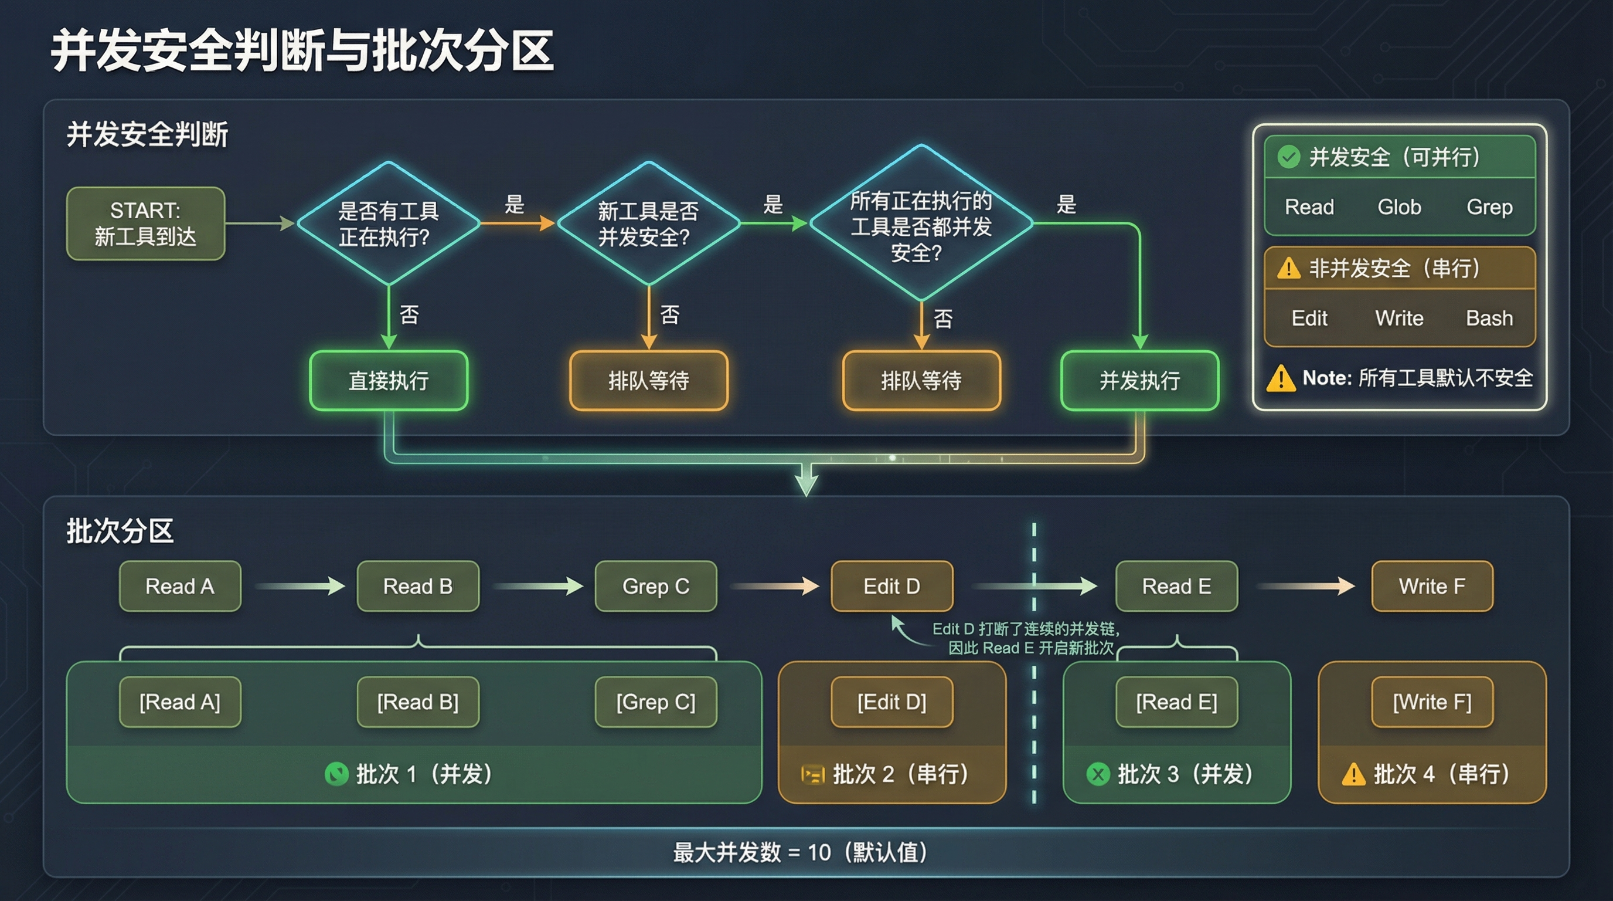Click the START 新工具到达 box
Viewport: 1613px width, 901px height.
click(x=145, y=223)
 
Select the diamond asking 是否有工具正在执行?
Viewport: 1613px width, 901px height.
click(x=388, y=223)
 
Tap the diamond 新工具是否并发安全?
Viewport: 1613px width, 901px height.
click(x=648, y=223)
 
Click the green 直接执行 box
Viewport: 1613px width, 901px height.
click(x=388, y=380)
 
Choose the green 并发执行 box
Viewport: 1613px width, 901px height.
click(x=1139, y=380)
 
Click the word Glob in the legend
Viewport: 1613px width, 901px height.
click(x=1399, y=206)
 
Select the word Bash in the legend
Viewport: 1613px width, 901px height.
click(x=1489, y=319)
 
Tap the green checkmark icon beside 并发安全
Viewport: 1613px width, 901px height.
click(x=1289, y=157)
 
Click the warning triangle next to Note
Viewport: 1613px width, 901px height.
click(x=1281, y=378)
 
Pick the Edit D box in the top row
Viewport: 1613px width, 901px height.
click(x=891, y=587)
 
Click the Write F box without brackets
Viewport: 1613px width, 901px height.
click(x=1432, y=587)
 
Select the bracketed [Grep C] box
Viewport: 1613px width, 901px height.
click(x=656, y=702)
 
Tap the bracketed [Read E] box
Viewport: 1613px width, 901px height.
click(x=1176, y=702)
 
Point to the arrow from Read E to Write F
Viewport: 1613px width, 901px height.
click(x=1305, y=587)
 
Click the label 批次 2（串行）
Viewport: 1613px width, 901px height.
click(x=900, y=774)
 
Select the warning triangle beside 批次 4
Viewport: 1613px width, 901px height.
click(x=1353, y=774)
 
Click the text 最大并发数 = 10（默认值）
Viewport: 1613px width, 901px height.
click(x=799, y=852)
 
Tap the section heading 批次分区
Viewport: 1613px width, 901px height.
click(x=120, y=531)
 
